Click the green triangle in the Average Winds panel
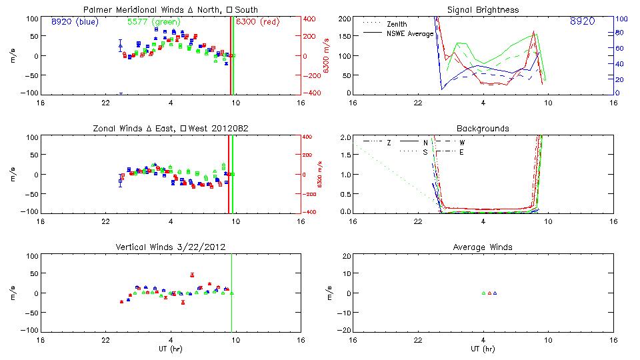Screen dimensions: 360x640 483,293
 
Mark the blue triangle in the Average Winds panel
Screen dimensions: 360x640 495,293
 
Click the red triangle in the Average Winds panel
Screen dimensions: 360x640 489,293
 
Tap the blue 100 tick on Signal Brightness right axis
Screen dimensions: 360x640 619,19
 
